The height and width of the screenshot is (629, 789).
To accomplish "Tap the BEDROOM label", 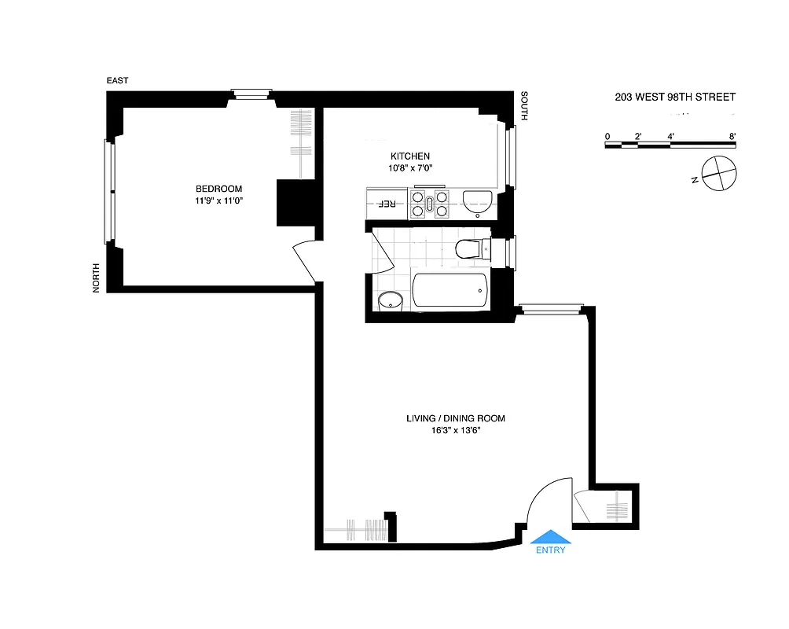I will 218,189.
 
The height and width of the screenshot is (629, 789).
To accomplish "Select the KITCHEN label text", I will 410,156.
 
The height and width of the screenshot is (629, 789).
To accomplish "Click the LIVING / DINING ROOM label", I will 455,418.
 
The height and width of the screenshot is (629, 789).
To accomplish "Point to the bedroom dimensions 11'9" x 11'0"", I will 218,201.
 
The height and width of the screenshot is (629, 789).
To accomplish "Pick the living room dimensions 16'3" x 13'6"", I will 454,431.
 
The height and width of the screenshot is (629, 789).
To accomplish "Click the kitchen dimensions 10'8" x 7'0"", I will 410,167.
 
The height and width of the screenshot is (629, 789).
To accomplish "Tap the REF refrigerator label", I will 387,204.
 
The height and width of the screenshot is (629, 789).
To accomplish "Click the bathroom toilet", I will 471,249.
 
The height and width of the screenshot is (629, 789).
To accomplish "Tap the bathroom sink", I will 389,301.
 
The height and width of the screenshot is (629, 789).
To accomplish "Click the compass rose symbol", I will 720,173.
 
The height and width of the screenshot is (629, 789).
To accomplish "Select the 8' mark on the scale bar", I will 732,136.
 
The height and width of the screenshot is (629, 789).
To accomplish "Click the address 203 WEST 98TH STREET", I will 674,97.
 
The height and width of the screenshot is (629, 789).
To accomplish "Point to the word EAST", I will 118,81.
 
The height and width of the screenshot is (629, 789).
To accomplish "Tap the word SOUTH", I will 525,106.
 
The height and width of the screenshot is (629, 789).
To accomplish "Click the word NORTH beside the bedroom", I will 97,278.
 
